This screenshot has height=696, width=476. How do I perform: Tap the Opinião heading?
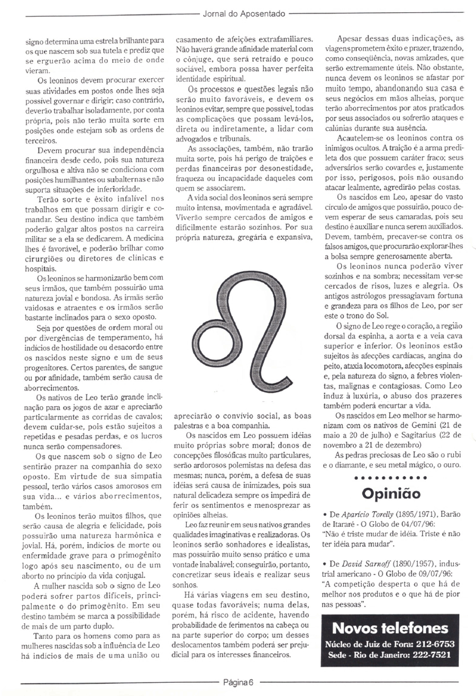[391, 493]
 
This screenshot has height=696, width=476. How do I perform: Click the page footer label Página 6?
[238, 682]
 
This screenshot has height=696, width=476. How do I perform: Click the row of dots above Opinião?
[391, 478]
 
